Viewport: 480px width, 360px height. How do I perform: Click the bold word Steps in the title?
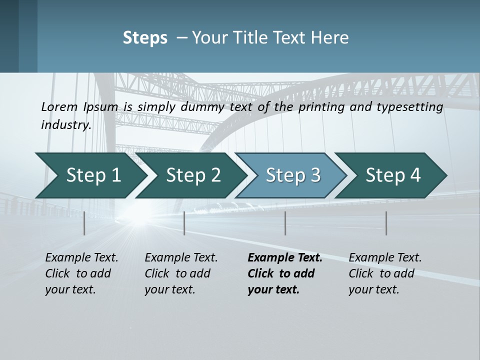(145, 38)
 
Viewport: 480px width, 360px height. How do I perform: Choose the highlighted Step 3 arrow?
(293, 175)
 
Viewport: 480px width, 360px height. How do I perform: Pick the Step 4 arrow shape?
(393, 175)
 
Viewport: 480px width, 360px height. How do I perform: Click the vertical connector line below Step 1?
(84, 223)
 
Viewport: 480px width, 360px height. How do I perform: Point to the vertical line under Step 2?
(184, 223)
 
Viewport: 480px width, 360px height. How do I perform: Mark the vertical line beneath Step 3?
(285, 223)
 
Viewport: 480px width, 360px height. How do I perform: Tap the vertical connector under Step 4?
(386, 223)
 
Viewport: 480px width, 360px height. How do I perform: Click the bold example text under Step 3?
(285, 273)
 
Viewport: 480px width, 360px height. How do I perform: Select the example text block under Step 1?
(81, 273)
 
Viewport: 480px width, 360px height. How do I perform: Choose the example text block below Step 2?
(181, 273)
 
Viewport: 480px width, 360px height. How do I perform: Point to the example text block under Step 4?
(385, 273)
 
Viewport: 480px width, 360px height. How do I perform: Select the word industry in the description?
(66, 125)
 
